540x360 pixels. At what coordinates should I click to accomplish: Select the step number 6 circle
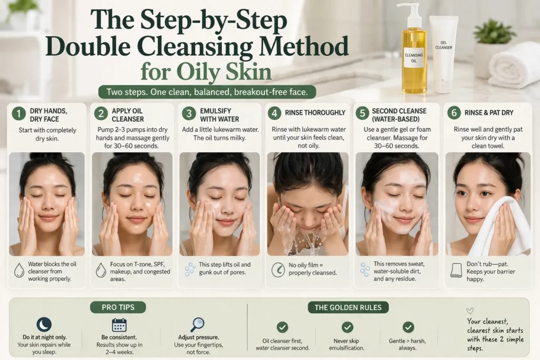[x=454, y=113]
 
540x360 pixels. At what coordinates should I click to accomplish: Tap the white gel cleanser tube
[x=443, y=53]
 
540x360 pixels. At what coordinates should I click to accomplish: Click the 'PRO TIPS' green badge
[x=117, y=307]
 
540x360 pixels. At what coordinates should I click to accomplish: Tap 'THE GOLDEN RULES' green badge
[x=348, y=307]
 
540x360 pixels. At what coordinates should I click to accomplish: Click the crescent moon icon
[x=44, y=325]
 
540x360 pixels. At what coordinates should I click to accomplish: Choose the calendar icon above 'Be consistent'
[x=119, y=325]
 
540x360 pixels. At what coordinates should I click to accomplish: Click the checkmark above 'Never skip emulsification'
[x=348, y=327]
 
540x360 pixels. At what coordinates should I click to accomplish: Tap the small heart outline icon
[x=470, y=311]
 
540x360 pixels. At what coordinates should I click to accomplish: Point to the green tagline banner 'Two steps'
[x=207, y=92]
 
